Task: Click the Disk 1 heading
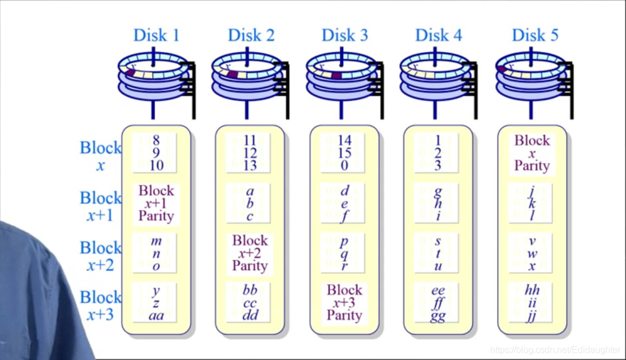click(156, 35)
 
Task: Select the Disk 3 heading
click(344, 35)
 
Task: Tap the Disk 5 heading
click(535, 35)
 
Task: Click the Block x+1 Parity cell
click(156, 204)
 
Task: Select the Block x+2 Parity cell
click(250, 253)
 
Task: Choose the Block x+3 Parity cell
click(344, 303)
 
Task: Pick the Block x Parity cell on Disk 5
click(532, 153)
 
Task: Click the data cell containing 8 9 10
click(155, 153)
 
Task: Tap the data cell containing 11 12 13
click(250, 153)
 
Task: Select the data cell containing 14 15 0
click(344, 153)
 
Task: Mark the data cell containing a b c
click(250, 204)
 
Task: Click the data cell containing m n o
click(156, 253)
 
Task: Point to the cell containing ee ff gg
click(438, 303)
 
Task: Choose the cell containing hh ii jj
click(532, 303)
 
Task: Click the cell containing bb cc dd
click(250, 303)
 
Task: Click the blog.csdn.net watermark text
click(555, 350)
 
